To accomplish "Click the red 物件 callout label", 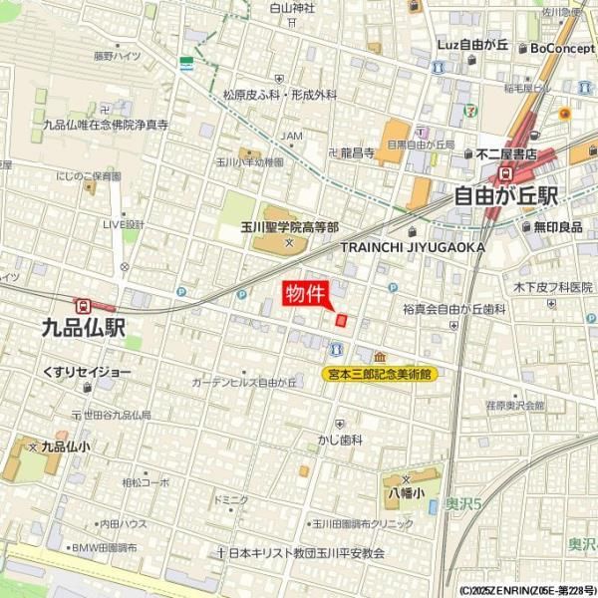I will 304,294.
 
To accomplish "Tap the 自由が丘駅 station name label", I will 506,195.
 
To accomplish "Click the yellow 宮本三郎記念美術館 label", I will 382,374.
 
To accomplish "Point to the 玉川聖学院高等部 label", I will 289,227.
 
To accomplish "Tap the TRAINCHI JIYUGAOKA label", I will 413,246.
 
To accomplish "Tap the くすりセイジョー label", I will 87,372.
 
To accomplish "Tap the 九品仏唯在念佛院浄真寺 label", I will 105,126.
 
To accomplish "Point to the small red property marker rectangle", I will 341,320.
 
